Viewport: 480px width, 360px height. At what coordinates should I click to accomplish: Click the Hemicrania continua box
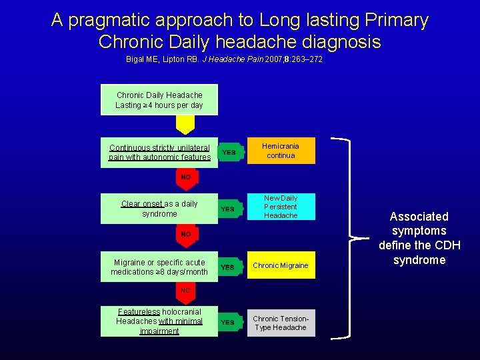[x=281, y=151]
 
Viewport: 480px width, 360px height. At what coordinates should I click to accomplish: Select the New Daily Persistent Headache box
[x=281, y=207]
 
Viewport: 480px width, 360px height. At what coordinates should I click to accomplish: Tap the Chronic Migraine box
[x=281, y=266]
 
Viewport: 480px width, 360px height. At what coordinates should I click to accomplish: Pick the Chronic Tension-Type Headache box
[x=281, y=323]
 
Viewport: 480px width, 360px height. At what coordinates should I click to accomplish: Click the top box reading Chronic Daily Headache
[x=159, y=100]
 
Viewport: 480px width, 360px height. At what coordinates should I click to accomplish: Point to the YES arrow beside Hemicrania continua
[x=229, y=153]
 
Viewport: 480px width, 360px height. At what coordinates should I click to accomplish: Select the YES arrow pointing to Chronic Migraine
[x=229, y=267]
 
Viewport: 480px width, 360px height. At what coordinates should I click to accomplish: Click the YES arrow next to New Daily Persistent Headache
[x=229, y=209]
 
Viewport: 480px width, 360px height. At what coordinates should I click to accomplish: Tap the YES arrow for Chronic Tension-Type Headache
[x=229, y=323]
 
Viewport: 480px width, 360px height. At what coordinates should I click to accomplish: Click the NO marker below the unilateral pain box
[x=185, y=177]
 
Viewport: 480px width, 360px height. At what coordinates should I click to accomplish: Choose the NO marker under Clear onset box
[x=185, y=234]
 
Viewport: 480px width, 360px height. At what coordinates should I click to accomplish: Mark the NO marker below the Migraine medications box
[x=185, y=291]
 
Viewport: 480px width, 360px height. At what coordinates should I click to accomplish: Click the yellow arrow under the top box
[x=185, y=125]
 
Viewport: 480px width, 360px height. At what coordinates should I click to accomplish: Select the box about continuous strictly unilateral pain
[x=159, y=153]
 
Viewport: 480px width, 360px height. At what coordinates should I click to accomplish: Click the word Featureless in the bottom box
[x=139, y=312]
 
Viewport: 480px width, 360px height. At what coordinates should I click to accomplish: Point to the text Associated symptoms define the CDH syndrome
[x=419, y=238]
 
